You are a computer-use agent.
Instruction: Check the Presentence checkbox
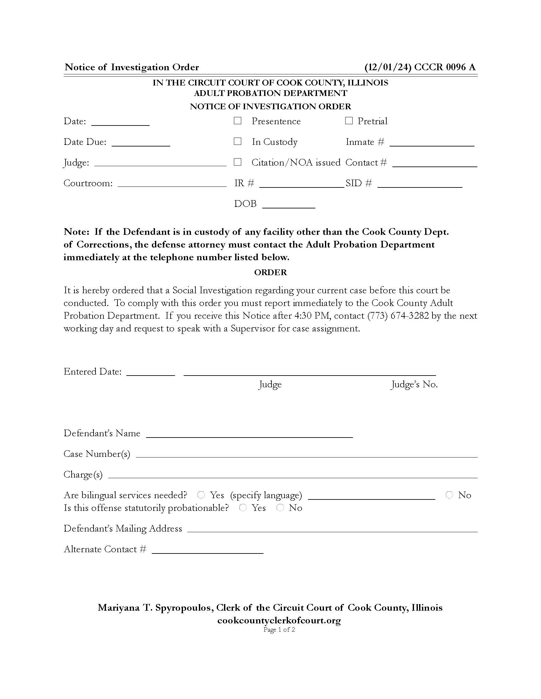click(x=237, y=121)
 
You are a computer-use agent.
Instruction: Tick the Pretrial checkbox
click(x=349, y=121)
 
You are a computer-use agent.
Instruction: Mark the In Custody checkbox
click(x=237, y=141)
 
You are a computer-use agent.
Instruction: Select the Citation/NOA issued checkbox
click(x=237, y=162)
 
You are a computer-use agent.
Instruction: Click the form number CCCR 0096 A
click(x=445, y=67)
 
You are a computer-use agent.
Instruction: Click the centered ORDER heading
click(x=270, y=272)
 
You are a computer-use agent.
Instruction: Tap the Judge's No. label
click(x=414, y=384)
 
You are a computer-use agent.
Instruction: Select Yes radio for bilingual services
click(x=201, y=495)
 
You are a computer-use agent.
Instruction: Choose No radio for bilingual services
click(x=449, y=495)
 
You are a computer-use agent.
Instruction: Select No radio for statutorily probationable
click(x=280, y=508)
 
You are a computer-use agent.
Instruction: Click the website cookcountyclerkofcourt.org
click(x=279, y=620)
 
